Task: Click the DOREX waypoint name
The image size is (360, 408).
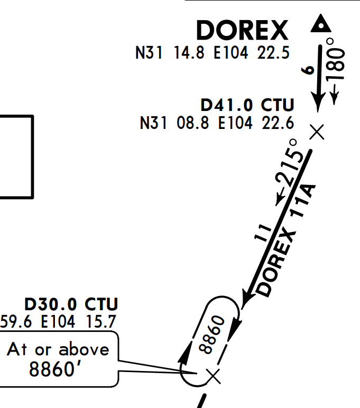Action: pyautogui.click(x=243, y=31)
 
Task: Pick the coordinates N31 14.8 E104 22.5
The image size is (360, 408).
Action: pyautogui.click(x=213, y=53)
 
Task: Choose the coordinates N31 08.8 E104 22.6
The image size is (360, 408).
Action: pyautogui.click(x=217, y=123)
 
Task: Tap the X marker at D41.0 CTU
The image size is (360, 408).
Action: pyautogui.click(x=317, y=131)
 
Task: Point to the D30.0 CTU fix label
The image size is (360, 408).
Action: pyautogui.click(x=71, y=304)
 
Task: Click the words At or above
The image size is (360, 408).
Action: pyautogui.click(x=58, y=349)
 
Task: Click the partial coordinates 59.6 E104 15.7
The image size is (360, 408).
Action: pyautogui.click(x=58, y=321)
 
